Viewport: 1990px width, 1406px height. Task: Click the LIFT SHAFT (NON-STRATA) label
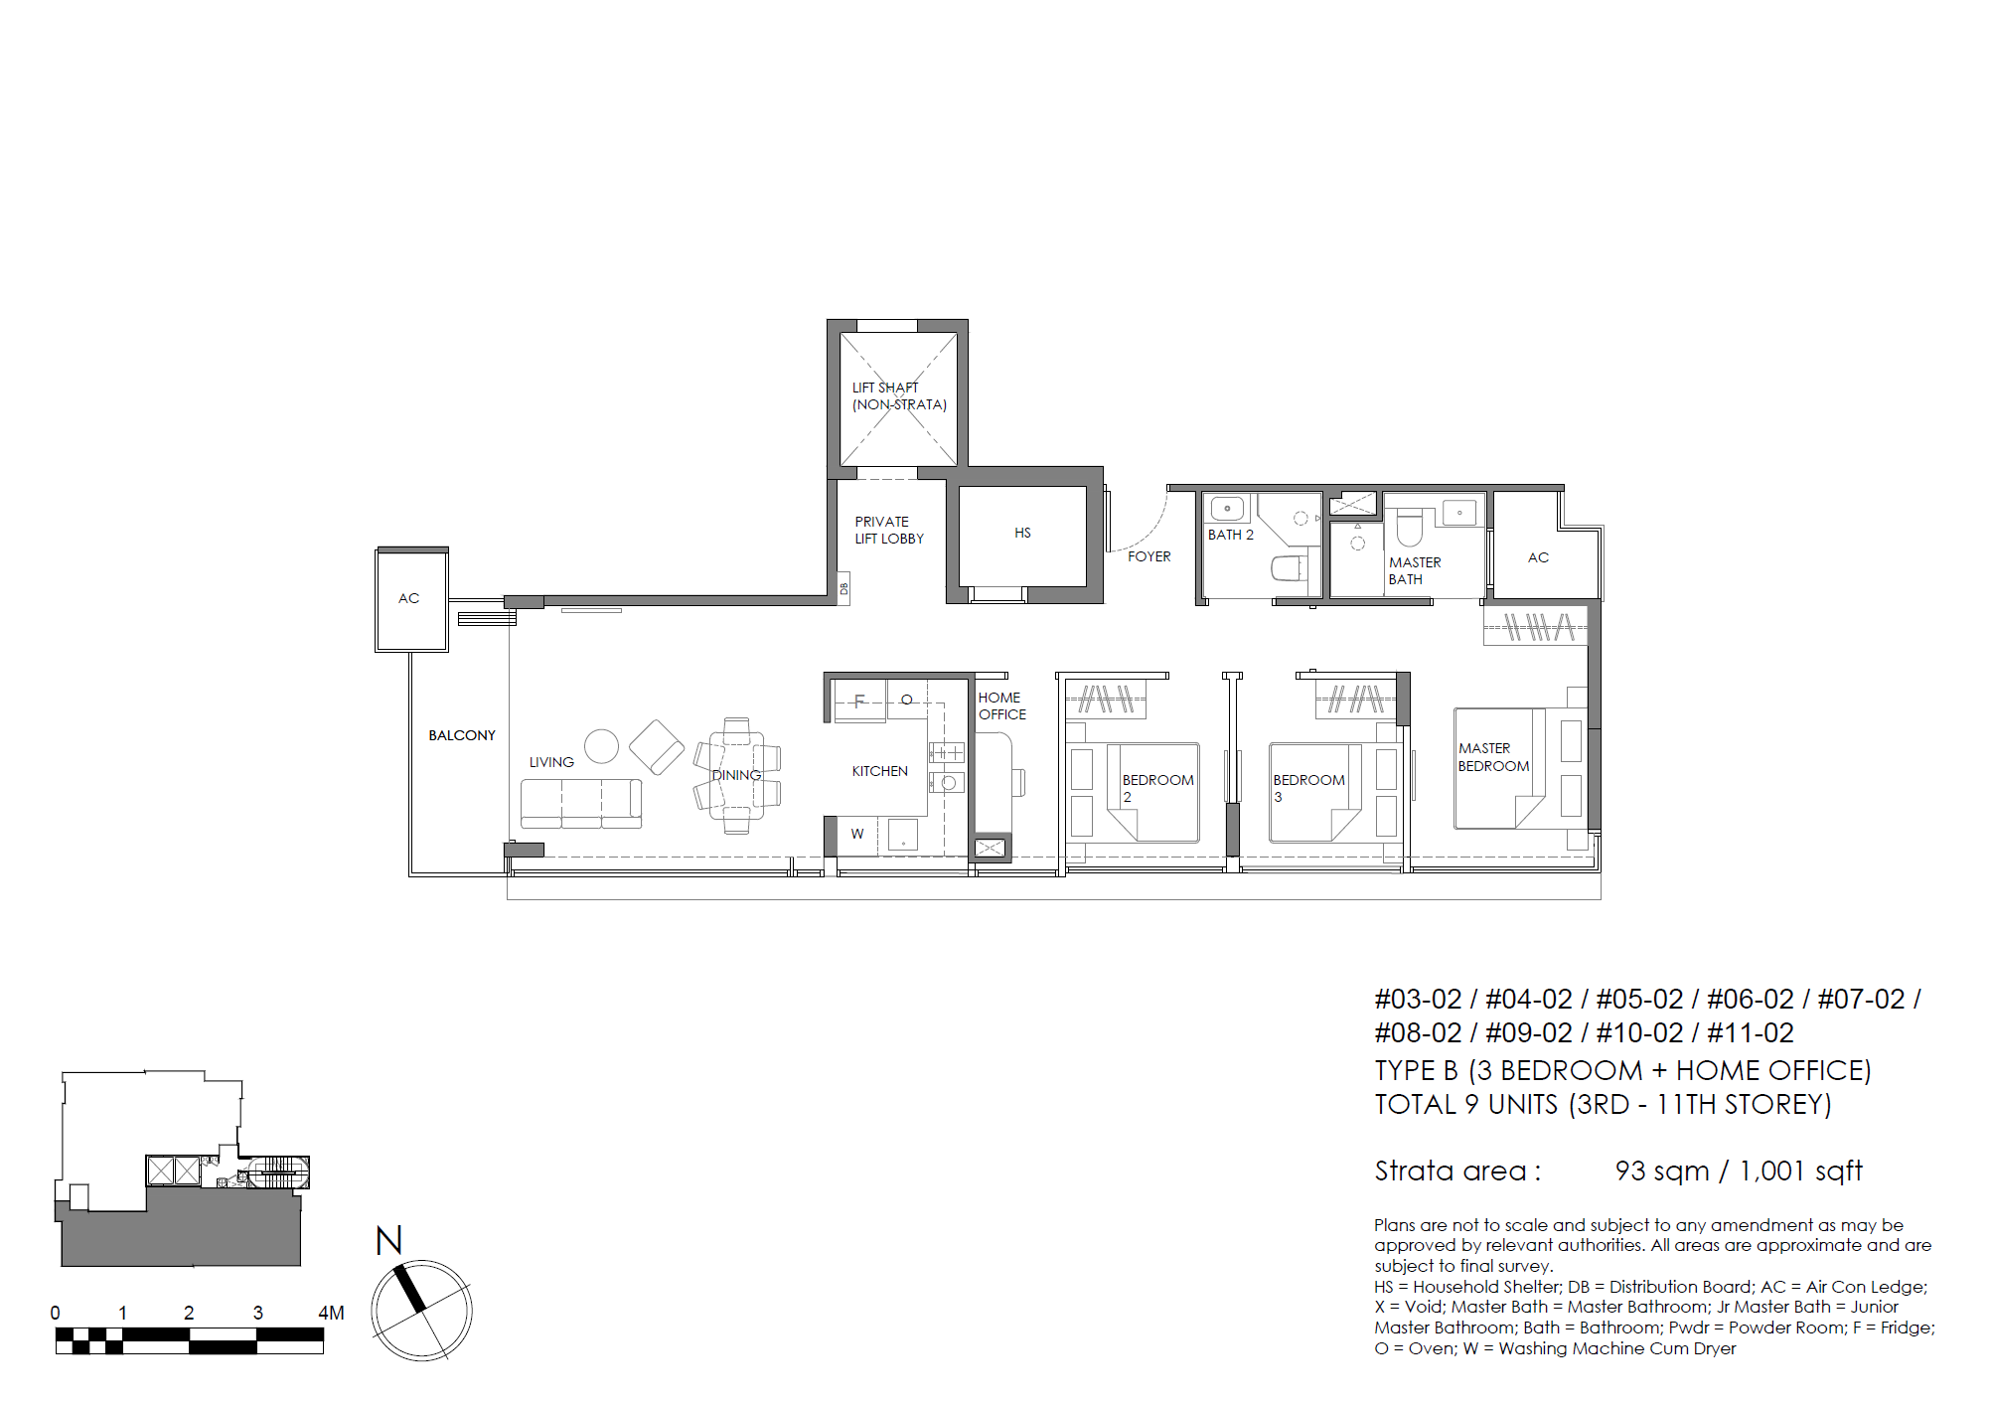pyautogui.click(x=898, y=396)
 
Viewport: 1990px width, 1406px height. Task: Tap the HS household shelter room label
pyautogui.click(x=1022, y=534)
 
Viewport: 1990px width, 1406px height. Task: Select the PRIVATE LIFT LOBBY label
pyautogui.click(x=888, y=531)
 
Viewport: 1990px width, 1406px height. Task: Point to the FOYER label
pyautogui.click(x=1148, y=557)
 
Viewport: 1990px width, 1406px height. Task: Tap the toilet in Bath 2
pyautogui.click(x=1289, y=569)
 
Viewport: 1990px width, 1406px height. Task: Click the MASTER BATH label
pyautogui.click(x=1414, y=571)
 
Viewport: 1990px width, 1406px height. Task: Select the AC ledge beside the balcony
pyautogui.click(x=410, y=599)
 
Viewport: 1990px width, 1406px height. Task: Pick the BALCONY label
pyautogui.click(x=461, y=736)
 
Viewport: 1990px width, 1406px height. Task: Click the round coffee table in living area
pyautogui.click(x=601, y=746)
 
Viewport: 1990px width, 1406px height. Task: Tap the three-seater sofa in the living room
pyautogui.click(x=581, y=803)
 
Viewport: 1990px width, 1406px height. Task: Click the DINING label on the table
pyautogui.click(x=736, y=776)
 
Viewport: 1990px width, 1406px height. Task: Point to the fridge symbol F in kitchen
pyautogui.click(x=859, y=702)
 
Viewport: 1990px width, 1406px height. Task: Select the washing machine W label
pyautogui.click(x=856, y=835)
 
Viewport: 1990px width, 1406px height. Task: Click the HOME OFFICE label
pyautogui.click(x=1001, y=706)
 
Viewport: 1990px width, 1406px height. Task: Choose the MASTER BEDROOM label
pyautogui.click(x=1492, y=757)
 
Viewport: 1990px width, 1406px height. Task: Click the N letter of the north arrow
pyautogui.click(x=388, y=1241)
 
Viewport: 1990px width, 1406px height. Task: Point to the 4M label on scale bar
pyautogui.click(x=331, y=1314)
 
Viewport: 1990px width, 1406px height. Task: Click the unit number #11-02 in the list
pyautogui.click(x=1750, y=1033)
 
